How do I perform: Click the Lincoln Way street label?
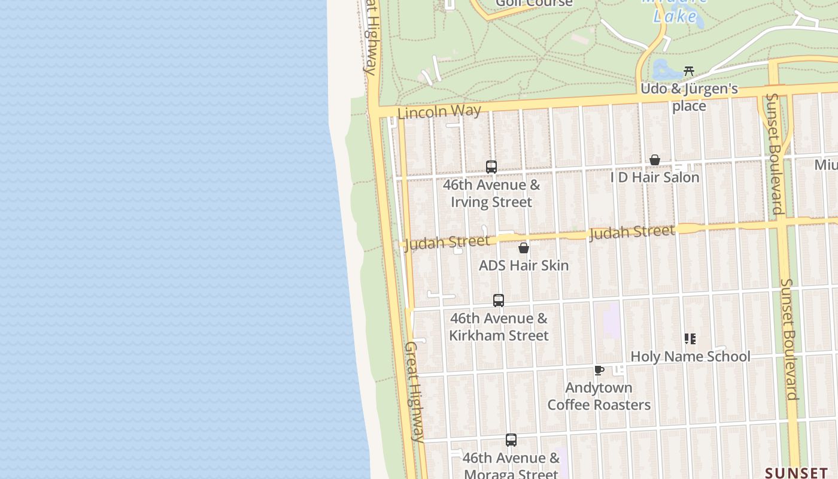pos(439,112)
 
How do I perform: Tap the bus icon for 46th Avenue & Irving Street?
pos(491,167)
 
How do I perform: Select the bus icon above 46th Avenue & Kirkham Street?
pos(499,301)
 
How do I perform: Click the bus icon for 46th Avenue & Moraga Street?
pos(511,440)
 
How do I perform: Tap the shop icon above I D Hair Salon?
pos(655,160)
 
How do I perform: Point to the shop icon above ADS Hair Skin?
pos(524,248)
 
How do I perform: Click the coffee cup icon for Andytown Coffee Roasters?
pos(599,370)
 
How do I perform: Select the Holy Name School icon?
pos(690,339)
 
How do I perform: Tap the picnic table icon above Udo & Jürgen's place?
pos(689,71)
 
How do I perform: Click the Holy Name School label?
pos(690,356)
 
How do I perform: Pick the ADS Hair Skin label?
pos(524,265)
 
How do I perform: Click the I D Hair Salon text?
pos(655,177)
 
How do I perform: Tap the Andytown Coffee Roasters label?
pos(599,396)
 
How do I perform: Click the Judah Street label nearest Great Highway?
pos(447,242)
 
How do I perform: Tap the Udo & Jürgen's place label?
pos(689,97)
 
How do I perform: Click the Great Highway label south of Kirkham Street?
pos(414,392)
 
